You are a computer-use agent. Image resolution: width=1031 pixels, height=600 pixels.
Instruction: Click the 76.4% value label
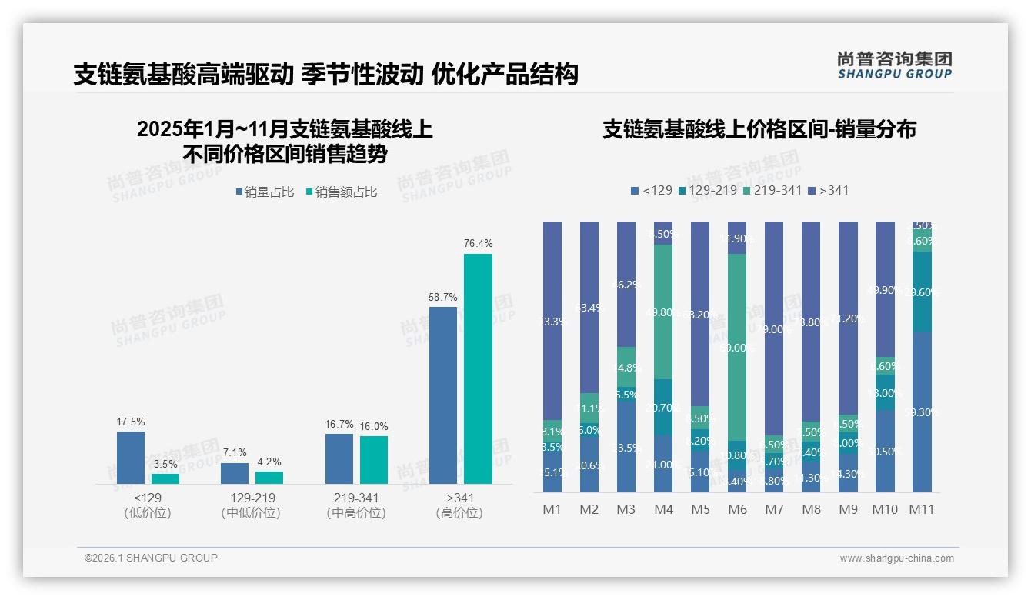coord(478,243)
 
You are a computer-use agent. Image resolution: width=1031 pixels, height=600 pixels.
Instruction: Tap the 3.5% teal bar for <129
coord(165,478)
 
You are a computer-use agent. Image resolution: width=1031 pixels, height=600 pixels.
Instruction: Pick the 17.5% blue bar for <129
coord(131,457)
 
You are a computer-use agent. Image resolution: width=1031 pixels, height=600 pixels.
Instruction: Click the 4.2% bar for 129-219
coord(269,477)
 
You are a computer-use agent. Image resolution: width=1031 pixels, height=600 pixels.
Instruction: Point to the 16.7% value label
coord(339,424)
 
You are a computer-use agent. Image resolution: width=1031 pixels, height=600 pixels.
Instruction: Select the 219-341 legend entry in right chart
coord(775,190)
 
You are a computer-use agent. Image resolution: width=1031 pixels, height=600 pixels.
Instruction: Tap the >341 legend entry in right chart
coord(828,190)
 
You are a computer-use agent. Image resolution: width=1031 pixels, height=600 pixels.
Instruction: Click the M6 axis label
coord(737,509)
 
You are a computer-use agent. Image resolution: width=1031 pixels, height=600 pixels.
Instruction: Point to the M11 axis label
coord(922,509)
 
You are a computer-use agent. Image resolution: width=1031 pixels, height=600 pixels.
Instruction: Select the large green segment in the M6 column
coord(737,347)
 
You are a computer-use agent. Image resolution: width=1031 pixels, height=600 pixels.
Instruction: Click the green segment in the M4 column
coord(663,312)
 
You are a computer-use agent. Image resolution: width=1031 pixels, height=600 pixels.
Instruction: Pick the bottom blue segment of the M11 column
coord(922,412)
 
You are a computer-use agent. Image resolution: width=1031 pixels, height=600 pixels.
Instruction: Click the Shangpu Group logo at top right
coord(894,65)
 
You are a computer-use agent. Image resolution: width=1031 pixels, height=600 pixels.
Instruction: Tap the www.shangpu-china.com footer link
coord(896,558)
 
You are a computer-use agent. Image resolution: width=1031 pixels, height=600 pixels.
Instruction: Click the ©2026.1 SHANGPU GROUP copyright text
coord(151,558)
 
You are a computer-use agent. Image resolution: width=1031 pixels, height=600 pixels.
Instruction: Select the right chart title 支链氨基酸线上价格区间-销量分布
coord(759,129)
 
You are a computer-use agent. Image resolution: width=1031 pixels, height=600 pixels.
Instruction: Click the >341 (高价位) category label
coord(459,505)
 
